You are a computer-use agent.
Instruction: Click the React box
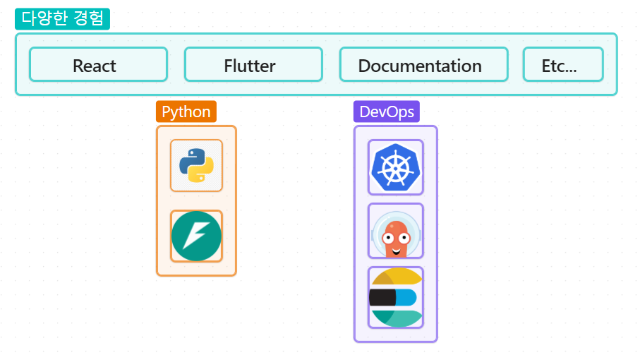click(98, 64)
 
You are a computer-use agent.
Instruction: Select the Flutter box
click(253, 64)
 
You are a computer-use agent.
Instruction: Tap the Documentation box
click(423, 64)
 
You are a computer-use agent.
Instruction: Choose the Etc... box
click(562, 64)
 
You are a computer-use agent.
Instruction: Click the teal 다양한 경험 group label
click(62, 19)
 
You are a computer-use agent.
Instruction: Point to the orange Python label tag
click(186, 112)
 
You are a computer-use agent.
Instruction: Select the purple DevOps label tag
click(387, 112)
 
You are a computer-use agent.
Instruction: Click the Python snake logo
click(196, 166)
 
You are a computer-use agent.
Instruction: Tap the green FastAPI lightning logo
click(196, 236)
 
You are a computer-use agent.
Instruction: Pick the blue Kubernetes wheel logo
click(396, 167)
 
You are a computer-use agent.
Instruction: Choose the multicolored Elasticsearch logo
click(396, 297)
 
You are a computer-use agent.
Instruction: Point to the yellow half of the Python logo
click(203, 173)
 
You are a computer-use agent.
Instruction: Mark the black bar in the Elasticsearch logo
click(382, 297)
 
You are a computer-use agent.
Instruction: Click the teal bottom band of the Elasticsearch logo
click(397, 318)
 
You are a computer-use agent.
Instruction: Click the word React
click(95, 66)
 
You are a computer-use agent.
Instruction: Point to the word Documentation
click(420, 66)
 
